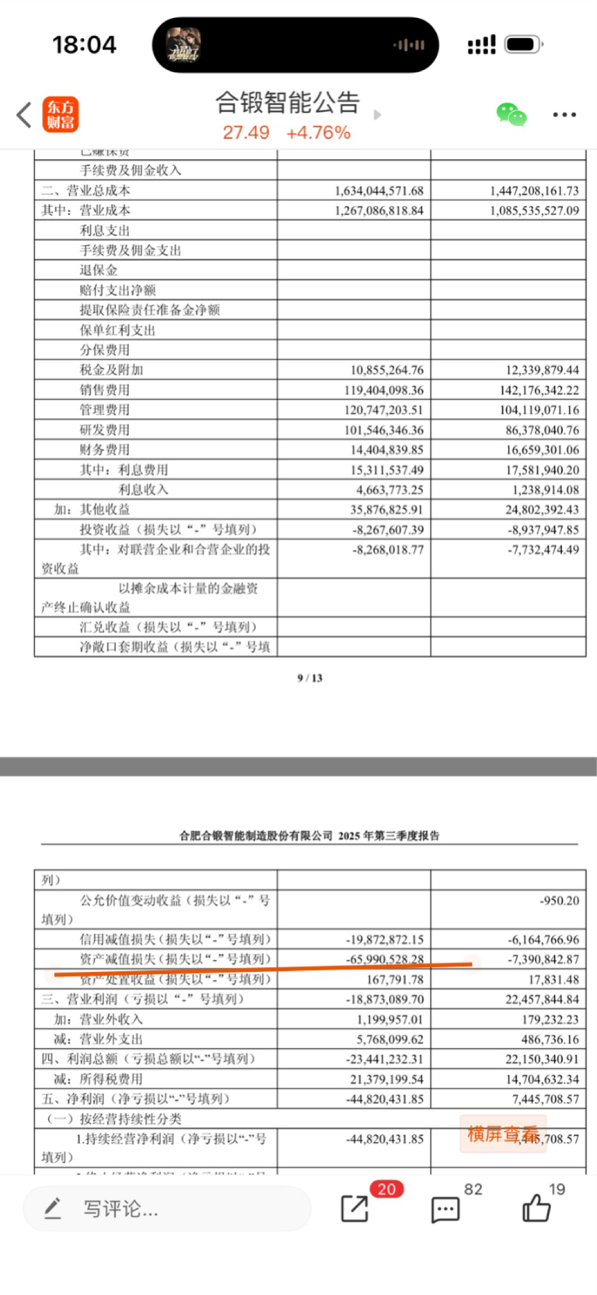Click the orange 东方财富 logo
(61, 115)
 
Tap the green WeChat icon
(511, 115)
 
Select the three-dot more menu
(564, 115)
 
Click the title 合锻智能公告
(287, 102)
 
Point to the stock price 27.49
(246, 133)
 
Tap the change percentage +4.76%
(318, 133)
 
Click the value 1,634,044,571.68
(379, 190)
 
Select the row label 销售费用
(105, 390)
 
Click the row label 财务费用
(105, 450)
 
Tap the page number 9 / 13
(309, 678)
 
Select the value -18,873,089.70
(385, 999)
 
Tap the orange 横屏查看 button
(502, 1134)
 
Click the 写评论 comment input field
(167, 1209)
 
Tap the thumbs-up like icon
(536, 1208)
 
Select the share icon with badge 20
(354, 1209)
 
